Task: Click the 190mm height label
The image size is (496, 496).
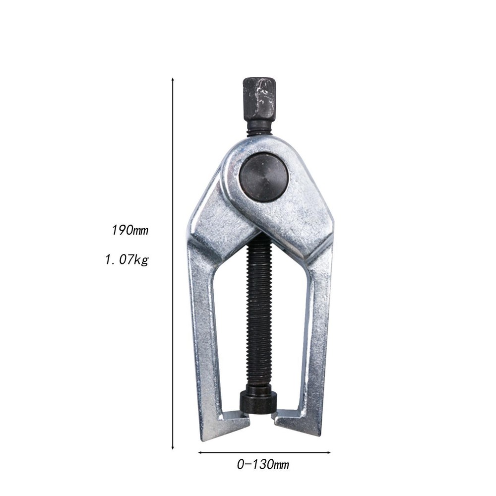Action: pos(130,230)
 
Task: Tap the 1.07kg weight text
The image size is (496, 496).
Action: pos(126,259)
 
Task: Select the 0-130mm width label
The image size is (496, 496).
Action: pos(263,465)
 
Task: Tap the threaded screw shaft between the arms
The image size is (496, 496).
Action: pos(259,317)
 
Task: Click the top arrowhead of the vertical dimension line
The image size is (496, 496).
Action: pos(173,79)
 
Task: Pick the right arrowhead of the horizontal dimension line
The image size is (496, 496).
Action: pos(328,452)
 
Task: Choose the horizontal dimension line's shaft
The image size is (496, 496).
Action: pos(264,452)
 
